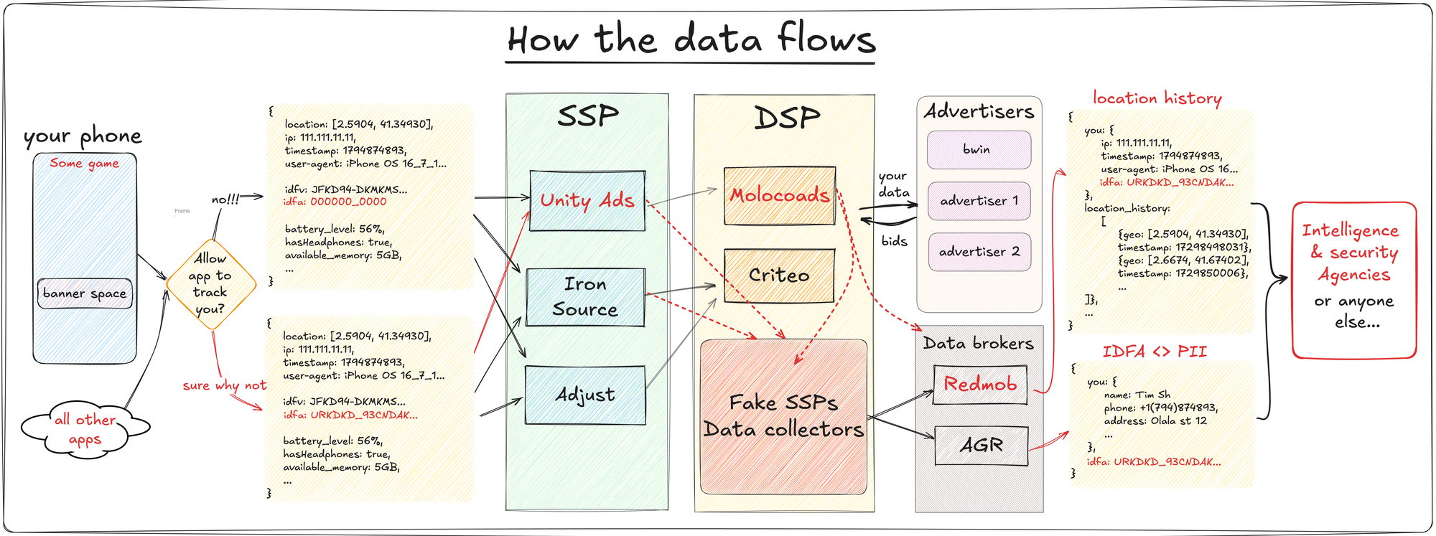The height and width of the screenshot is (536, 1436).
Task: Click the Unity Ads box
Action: coord(587,200)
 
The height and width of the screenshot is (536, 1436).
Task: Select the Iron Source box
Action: coord(585,297)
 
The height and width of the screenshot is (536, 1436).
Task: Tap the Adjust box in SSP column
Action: coord(585,395)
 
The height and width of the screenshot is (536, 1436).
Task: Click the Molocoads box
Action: coord(780,195)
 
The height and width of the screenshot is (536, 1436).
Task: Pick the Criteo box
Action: coord(779,276)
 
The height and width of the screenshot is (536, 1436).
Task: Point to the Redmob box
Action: coord(980,385)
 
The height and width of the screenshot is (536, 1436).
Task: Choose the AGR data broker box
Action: coord(982,446)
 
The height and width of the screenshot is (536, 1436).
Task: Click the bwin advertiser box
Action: coord(978,149)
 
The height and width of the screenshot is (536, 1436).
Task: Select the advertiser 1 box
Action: coord(979,201)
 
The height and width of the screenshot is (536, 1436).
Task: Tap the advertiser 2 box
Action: coord(979,252)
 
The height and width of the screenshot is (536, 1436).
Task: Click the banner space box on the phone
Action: coord(85,293)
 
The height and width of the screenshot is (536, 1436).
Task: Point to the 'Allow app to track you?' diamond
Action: coord(210,284)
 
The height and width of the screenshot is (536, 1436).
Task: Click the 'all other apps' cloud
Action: coord(85,429)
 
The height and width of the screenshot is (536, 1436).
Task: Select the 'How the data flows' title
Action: coord(691,39)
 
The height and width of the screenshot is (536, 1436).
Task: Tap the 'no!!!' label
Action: coord(225,199)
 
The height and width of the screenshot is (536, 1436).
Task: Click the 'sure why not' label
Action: coord(224,385)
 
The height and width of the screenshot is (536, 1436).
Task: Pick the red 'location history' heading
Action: coord(1157,98)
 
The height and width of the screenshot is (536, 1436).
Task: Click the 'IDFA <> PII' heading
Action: coord(1155,352)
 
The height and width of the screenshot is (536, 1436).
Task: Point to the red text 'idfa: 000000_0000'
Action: coord(335,202)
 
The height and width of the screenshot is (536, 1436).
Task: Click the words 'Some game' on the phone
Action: coord(85,164)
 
